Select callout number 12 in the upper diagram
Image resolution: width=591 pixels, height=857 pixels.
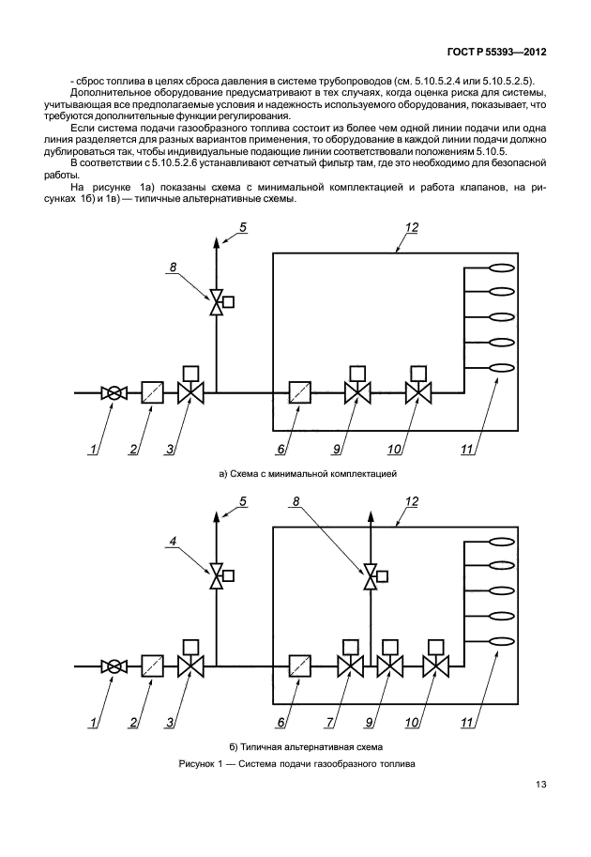412,228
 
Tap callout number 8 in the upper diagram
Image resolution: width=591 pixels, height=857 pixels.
172,268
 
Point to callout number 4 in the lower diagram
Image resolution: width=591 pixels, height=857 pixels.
174,541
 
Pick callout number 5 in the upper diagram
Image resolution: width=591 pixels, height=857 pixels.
243,228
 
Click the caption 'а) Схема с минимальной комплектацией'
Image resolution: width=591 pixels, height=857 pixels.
309,474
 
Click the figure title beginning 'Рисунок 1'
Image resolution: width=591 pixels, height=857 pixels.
296,764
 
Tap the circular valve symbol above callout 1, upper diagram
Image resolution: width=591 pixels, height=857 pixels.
114,394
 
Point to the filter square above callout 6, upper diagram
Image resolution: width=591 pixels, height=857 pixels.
300,393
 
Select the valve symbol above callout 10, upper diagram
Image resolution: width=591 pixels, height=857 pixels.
418,393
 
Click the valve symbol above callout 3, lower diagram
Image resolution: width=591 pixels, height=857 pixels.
191,666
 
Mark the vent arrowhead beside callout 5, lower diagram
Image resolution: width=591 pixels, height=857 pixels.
218,513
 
